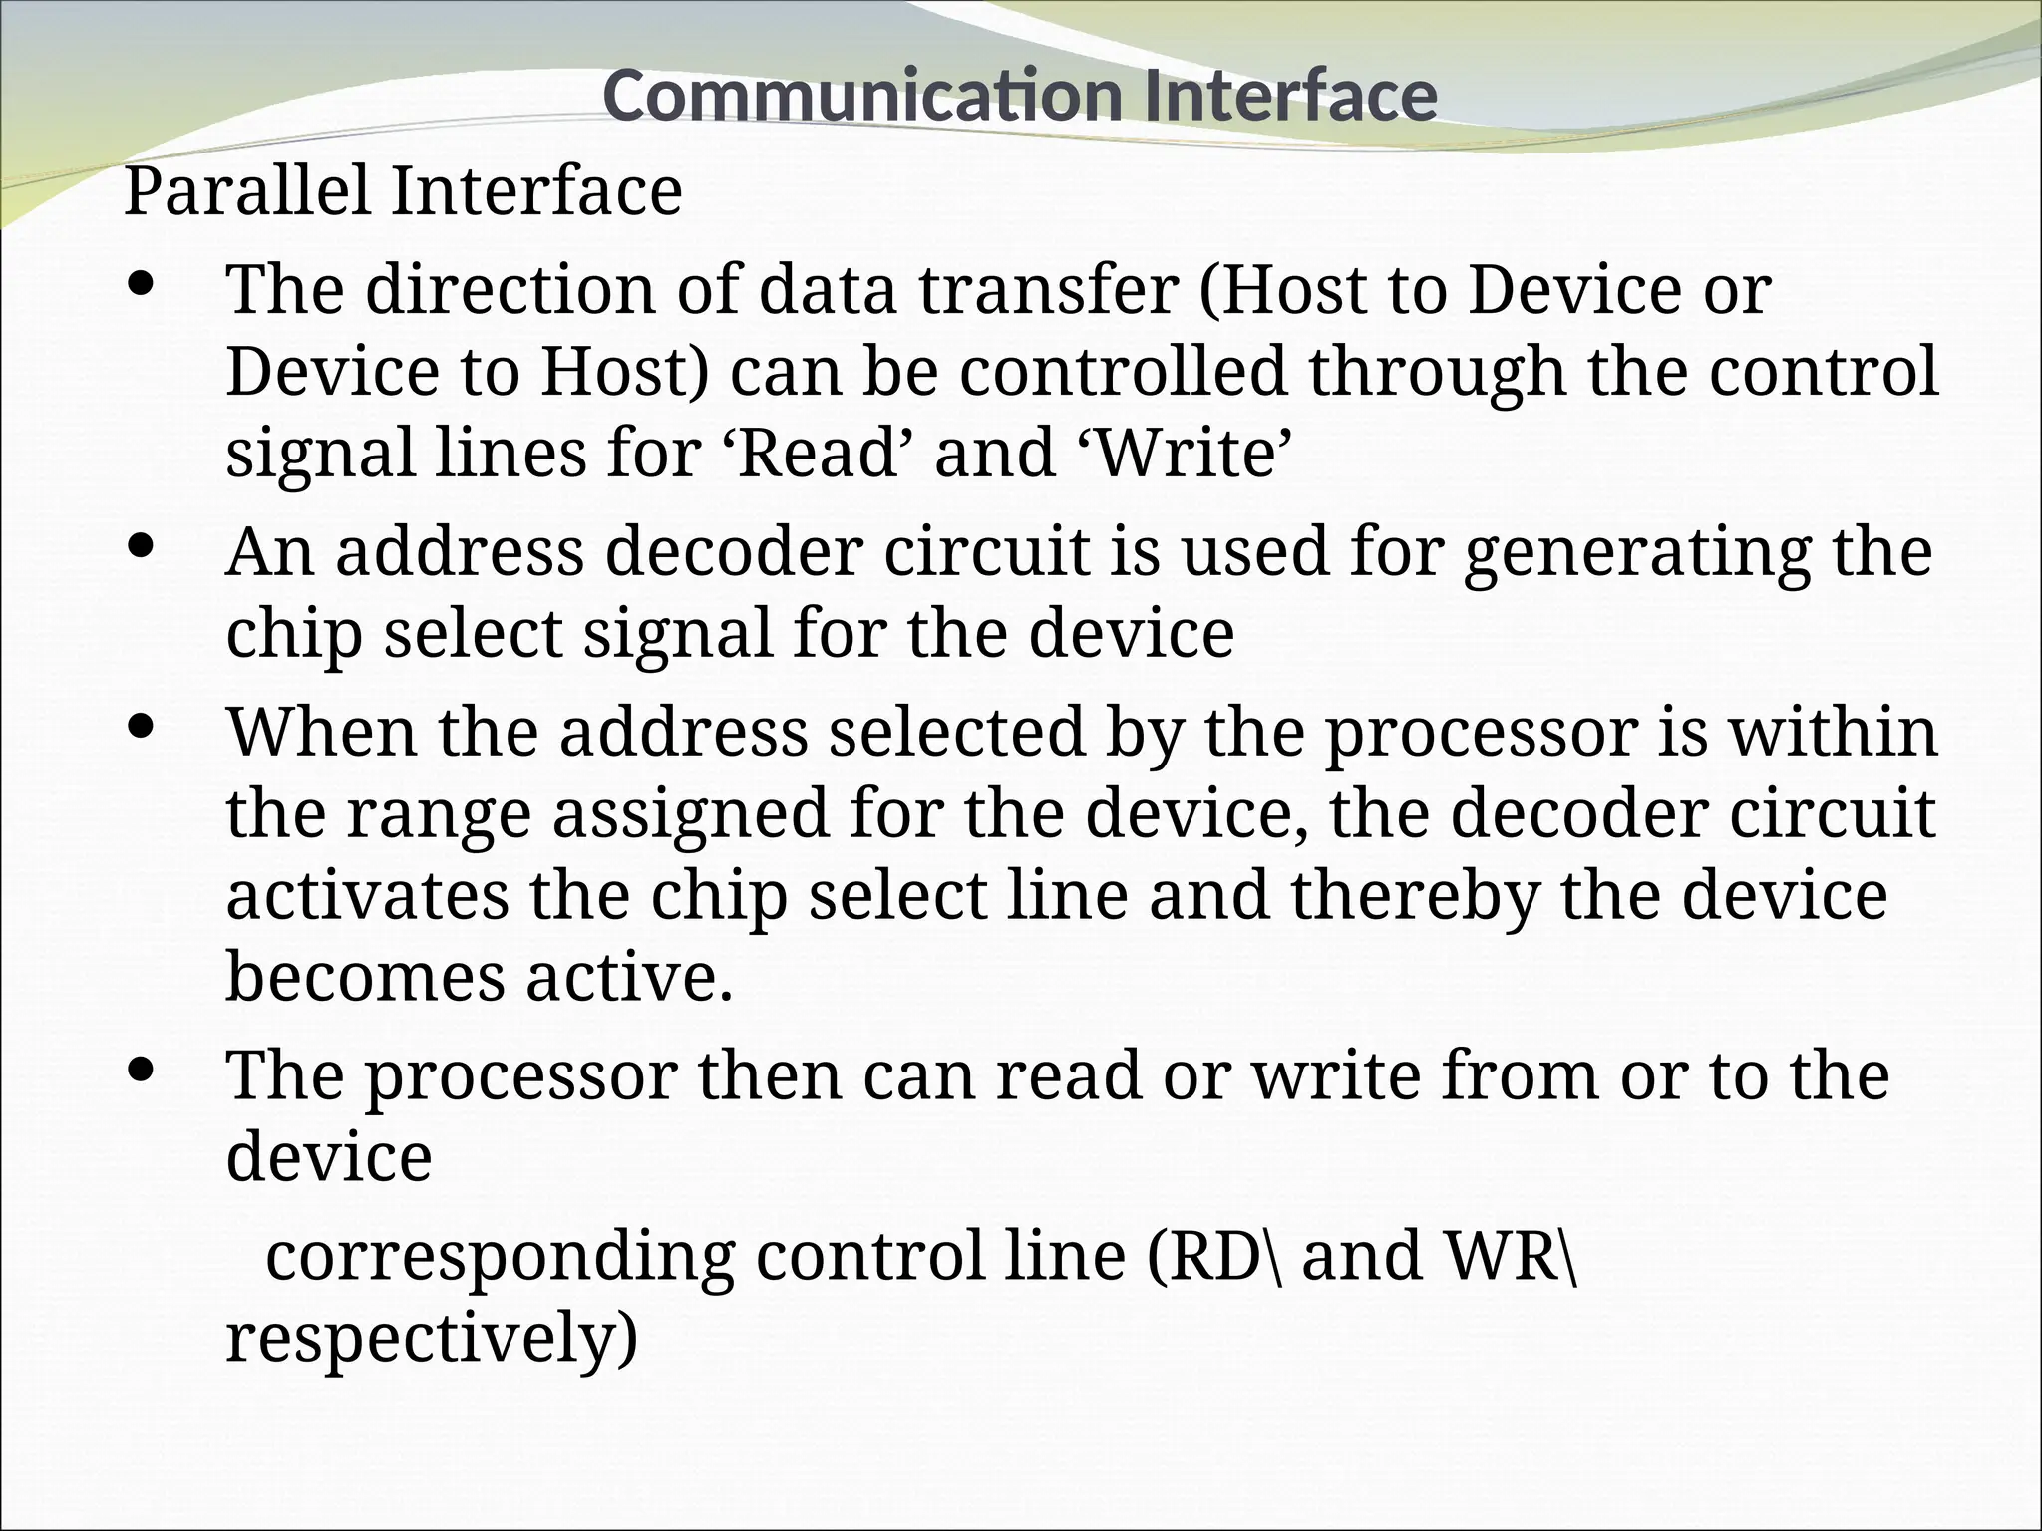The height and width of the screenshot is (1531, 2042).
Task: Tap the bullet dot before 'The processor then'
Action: click(x=142, y=1070)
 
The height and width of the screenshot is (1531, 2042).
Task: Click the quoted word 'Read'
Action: click(x=825, y=453)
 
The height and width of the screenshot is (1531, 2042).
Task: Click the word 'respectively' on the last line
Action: click(x=431, y=1339)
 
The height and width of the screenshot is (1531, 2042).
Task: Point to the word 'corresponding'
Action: click(x=500, y=1257)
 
